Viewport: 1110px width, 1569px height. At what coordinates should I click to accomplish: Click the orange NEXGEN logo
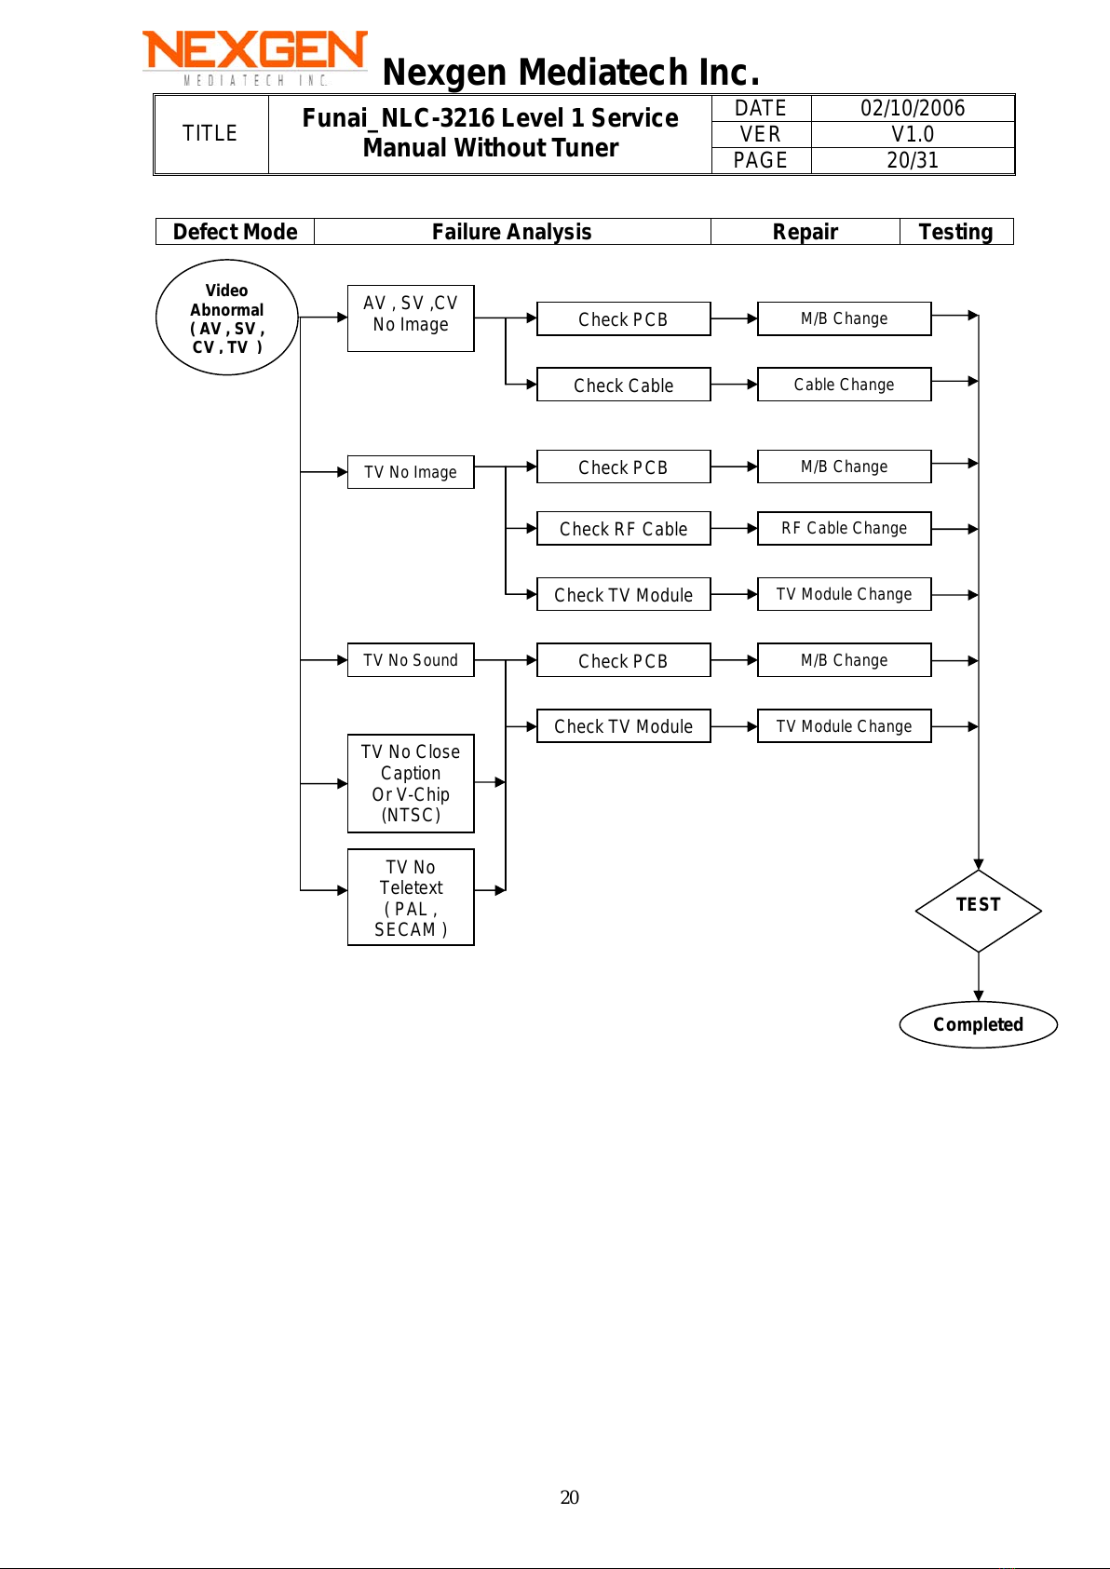(x=255, y=58)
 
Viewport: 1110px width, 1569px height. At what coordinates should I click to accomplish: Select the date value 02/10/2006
(x=913, y=108)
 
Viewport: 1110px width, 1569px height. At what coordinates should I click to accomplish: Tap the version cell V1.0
(x=913, y=134)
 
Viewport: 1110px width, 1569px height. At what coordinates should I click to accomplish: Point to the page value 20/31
(x=913, y=160)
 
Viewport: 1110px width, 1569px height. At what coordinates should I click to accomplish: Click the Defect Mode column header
(x=236, y=231)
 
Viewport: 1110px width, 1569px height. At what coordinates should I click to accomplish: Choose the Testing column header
(x=956, y=231)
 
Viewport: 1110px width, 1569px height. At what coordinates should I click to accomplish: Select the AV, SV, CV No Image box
(x=411, y=318)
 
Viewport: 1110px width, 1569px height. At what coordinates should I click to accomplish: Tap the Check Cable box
(x=623, y=385)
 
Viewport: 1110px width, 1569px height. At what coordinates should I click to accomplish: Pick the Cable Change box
(x=844, y=385)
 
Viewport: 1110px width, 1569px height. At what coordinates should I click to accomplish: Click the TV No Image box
(x=411, y=472)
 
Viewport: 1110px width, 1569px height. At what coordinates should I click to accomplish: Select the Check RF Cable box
(x=623, y=528)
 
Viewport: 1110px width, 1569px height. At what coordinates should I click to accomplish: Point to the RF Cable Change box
(x=844, y=528)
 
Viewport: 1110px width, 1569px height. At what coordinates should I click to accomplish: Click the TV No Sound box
(x=411, y=660)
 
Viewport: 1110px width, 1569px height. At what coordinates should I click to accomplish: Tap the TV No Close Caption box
(x=411, y=783)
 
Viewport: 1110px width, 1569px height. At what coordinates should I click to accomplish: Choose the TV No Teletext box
(x=411, y=898)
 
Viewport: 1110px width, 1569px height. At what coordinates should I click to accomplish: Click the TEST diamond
(x=979, y=911)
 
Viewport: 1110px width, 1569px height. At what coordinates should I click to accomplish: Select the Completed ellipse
(x=979, y=1025)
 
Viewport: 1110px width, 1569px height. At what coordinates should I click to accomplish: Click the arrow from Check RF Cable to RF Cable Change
(x=734, y=528)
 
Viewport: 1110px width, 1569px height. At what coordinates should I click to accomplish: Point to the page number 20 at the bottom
(x=569, y=1497)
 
